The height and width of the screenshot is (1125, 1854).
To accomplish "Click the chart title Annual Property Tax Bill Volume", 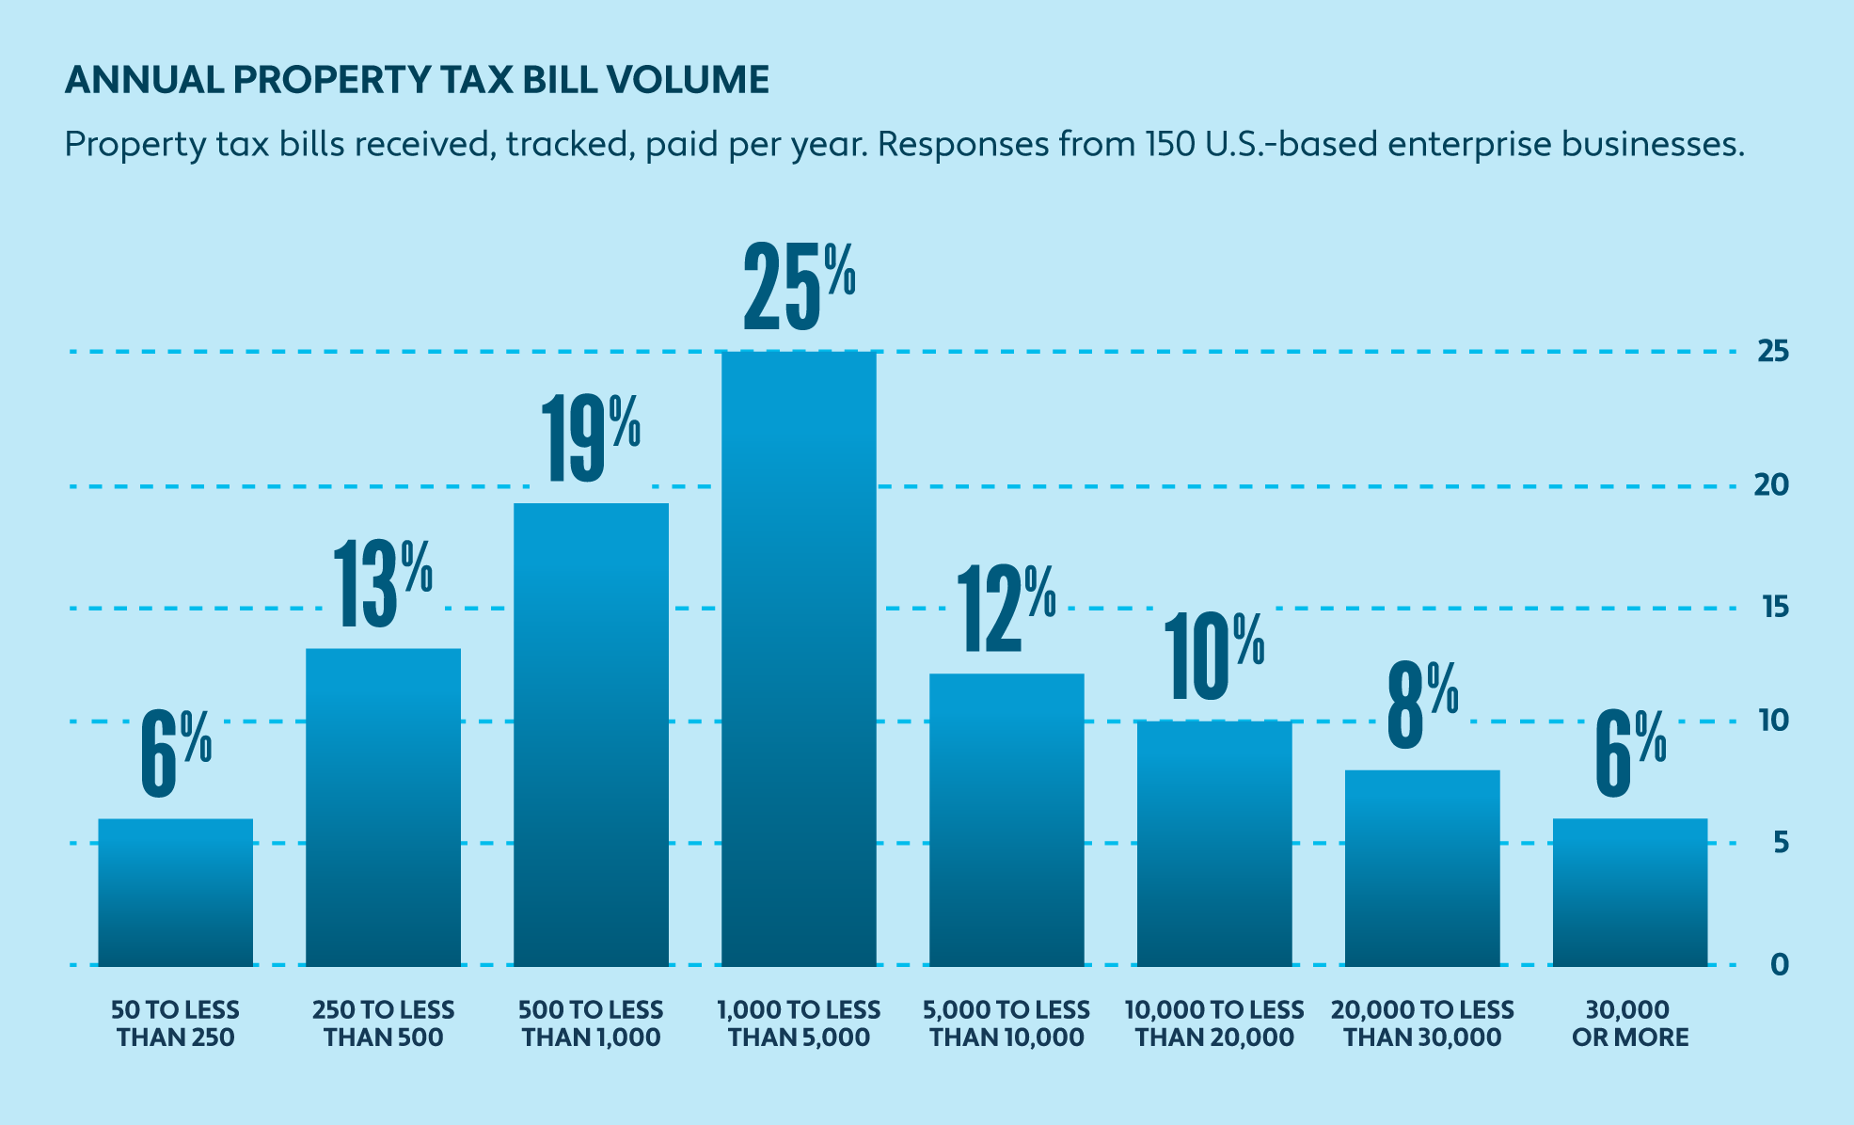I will (417, 81).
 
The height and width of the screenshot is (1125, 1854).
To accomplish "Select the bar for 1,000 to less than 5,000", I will (799, 658).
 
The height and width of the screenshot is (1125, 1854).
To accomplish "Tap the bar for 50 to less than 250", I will (176, 892).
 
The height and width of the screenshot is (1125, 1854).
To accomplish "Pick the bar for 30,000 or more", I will (1629, 892).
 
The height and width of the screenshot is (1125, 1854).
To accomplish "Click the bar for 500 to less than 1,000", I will (591, 734).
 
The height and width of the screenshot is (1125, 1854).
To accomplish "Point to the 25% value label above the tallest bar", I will (799, 287).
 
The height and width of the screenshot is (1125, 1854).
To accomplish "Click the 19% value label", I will (591, 438).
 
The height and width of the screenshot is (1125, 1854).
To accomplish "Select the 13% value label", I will (382, 584).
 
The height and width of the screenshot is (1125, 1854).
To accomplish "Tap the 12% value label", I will (1006, 610).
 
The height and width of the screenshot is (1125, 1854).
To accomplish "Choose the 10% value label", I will (1213, 658).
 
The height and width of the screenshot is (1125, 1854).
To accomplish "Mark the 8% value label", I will (1422, 705).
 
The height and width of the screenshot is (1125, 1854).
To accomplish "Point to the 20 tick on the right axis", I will (1773, 485).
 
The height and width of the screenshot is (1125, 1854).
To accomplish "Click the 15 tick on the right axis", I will (1773, 608).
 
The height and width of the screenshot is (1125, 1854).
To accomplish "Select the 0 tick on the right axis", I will (1779, 964).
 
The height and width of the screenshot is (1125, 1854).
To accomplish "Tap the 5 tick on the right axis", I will (1779, 843).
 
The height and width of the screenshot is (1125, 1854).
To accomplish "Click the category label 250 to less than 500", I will (383, 1023).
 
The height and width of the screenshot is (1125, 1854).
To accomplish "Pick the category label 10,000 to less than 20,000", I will (1214, 1023).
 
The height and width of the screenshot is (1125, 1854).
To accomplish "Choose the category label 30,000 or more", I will (1629, 1023).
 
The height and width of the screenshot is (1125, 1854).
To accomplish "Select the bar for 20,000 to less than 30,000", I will (1422, 867).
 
